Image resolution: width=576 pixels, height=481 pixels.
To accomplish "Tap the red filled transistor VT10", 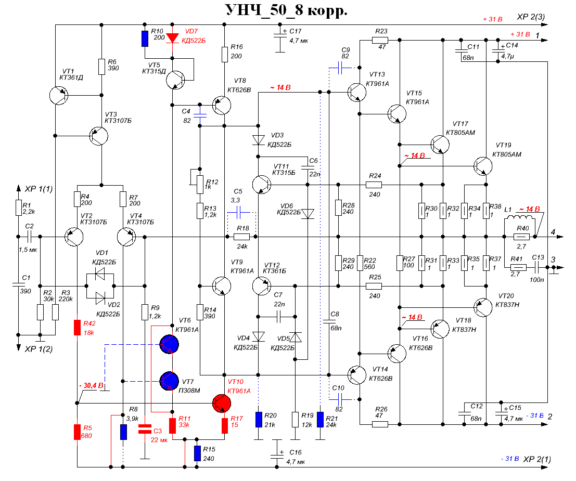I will point(224,402).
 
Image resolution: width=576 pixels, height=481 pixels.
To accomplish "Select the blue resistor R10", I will point(145,38).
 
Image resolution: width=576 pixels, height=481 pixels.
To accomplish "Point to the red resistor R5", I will point(77,431).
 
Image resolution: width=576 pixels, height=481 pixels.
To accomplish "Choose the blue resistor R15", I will point(198,453).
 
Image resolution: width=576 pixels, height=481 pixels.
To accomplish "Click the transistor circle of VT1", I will point(57,95).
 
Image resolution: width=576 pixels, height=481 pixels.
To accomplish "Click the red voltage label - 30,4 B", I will point(91,386).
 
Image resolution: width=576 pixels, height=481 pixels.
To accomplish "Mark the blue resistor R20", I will point(259,419).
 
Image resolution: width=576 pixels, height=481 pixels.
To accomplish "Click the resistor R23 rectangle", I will point(380,40).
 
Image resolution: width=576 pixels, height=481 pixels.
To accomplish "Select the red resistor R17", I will point(225,425).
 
